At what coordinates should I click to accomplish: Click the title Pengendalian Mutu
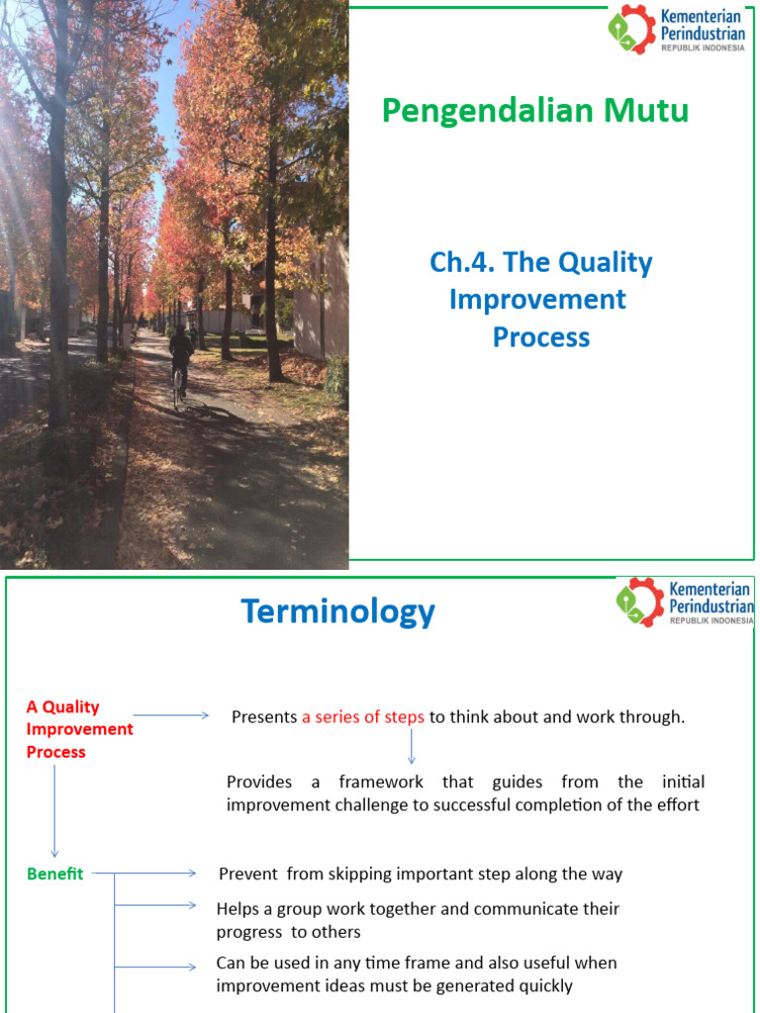click(x=535, y=112)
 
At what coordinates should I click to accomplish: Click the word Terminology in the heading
click(x=337, y=612)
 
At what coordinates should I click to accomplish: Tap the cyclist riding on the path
click(x=180, y=362)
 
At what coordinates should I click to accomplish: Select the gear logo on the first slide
click(x=631, y=29)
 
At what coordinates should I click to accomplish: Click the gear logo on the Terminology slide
click(x=639, y=601)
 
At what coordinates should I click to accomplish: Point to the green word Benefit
click(x=55, y=874)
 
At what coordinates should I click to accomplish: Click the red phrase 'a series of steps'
click(x=363, y=717)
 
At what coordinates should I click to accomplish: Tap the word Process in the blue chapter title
click(x=540, y=337)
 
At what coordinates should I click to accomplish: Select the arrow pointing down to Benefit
click(x=54, y=811)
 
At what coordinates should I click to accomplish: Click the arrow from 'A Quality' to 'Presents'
click(x=171, y=715)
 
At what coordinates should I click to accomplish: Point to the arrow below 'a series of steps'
click(x=412, y=747)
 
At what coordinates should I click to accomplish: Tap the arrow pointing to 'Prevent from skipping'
click(x=158, y=874)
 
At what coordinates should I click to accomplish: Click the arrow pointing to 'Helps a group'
click(x=158, y=904)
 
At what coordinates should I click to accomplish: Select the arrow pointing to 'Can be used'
click(x=158, y=967)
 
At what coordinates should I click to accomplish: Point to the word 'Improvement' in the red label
click(x=80, y=729)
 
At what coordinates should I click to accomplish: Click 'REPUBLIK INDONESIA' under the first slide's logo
click(x=704, y=46)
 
